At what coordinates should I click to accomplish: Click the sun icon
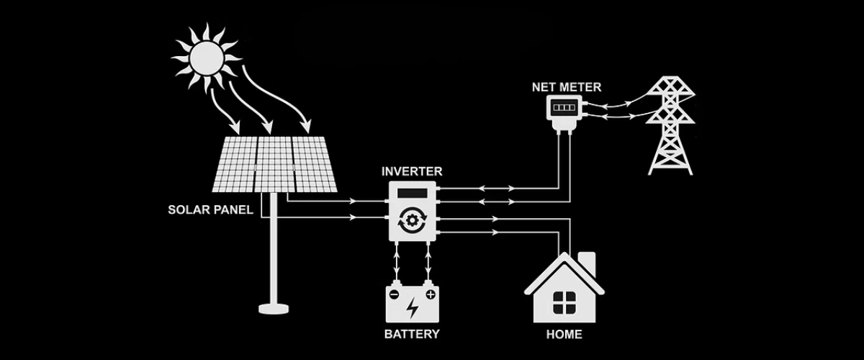205,56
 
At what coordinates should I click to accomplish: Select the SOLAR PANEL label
210,210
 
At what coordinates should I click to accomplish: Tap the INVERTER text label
411,171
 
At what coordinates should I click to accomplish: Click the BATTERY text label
411,334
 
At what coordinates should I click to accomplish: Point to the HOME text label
564,334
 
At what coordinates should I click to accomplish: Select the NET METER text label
567,87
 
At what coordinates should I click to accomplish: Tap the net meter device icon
565,112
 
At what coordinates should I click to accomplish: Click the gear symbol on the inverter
412,220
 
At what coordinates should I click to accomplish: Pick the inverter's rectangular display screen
412,194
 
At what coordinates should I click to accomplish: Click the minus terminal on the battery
395,294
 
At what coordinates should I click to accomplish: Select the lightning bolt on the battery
412,308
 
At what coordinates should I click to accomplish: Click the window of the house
563,302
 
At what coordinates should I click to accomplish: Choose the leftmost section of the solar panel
234,164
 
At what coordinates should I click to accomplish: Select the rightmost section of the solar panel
314,164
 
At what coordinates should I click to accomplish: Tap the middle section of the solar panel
274,164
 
